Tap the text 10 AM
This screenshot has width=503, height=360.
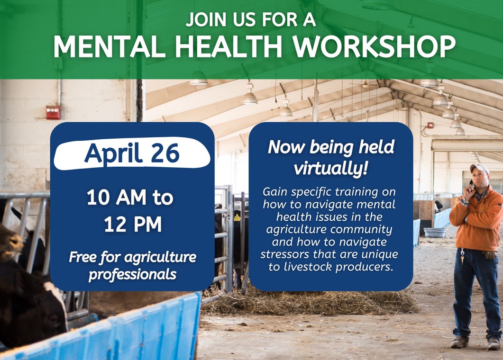(x=116, y=197)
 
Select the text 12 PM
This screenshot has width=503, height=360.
(x=133, y=224)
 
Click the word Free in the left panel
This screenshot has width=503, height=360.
(x=82, y=257)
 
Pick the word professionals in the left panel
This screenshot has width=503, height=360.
(x=132, y=275)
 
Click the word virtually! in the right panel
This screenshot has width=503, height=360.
(x=330, y=168)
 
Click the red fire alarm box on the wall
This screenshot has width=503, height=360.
(x=53, y=112)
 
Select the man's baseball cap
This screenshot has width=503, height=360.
(x=479, y=168)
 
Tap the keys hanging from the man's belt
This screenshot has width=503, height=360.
(x=462, y=256)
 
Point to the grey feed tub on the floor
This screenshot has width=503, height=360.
(x=435, y=233)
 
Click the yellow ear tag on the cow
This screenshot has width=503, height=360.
(x=237, y=217)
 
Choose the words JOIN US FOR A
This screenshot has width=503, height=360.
(x=251, y=19)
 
